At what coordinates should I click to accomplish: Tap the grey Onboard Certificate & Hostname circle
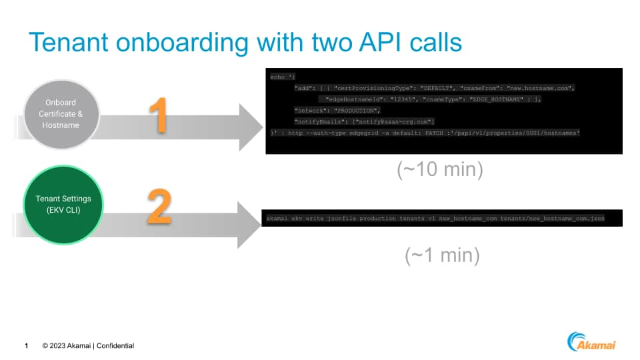[61, 114]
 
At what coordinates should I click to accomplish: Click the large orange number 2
[159, 207]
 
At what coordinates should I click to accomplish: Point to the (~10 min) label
[440, 170]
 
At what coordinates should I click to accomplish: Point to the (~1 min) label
[442, 255]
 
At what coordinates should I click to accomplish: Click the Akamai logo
[591, 342]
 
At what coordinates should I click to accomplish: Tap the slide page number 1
[26, 346]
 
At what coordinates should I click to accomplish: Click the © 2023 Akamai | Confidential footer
[88, 346]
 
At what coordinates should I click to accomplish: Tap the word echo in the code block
[277, 77]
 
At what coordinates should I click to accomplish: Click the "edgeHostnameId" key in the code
[354, 99]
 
